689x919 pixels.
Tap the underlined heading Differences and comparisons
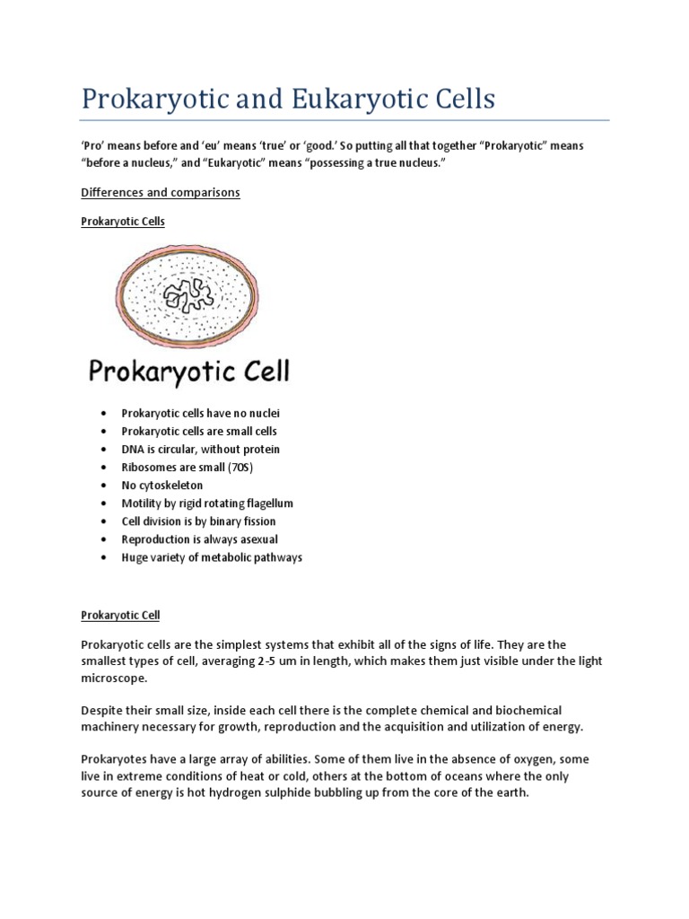(161, 193)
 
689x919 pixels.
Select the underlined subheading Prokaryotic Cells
(123, 221)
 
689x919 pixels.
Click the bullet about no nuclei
(201, 413)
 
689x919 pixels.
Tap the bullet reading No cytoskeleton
(162, 485)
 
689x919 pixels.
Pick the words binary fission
(242, 521)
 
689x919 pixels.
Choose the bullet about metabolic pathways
(212, 557)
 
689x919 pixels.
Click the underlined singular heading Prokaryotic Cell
(120, 616)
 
